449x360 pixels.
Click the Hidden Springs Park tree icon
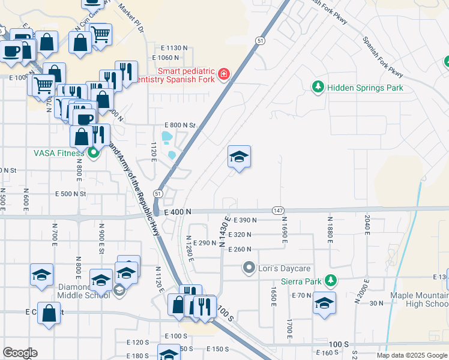click(x=318, y=88)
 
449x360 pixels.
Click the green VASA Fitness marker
click(x=93, y=153)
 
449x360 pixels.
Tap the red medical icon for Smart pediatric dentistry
click(x=223, y=74)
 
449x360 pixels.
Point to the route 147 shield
click(x=277, y=211)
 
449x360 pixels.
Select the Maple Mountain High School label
click(x=419, y=299)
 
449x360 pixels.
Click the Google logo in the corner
click(x=20, y=353)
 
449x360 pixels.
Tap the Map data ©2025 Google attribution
click(x=411, y=355)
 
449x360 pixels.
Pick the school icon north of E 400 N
click(x=239, y=157)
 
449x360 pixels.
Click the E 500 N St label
click(x=71, y=194)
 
